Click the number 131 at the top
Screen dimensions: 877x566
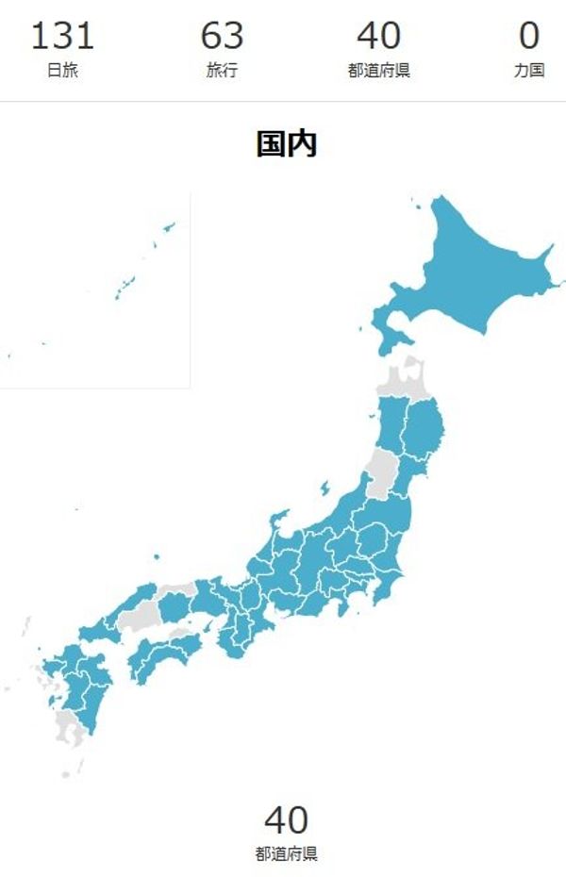(x=62, y=36)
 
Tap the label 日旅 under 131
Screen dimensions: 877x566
(x=62, y=71)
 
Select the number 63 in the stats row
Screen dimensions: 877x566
(x=222, y=36)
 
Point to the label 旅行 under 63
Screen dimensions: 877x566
(x=222, y=71)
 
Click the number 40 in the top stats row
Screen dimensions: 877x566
(x=378, y=36)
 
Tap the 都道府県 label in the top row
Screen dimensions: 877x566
(x=378, y=71)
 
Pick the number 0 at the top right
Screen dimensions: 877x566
(x=529, y=36)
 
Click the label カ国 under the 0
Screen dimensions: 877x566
(x=529, y=71)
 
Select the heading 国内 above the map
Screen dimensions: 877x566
(x=286, y=144)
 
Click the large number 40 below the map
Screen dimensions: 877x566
(x=286, y=819)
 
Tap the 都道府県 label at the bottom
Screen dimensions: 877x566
(x=286, y=854)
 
